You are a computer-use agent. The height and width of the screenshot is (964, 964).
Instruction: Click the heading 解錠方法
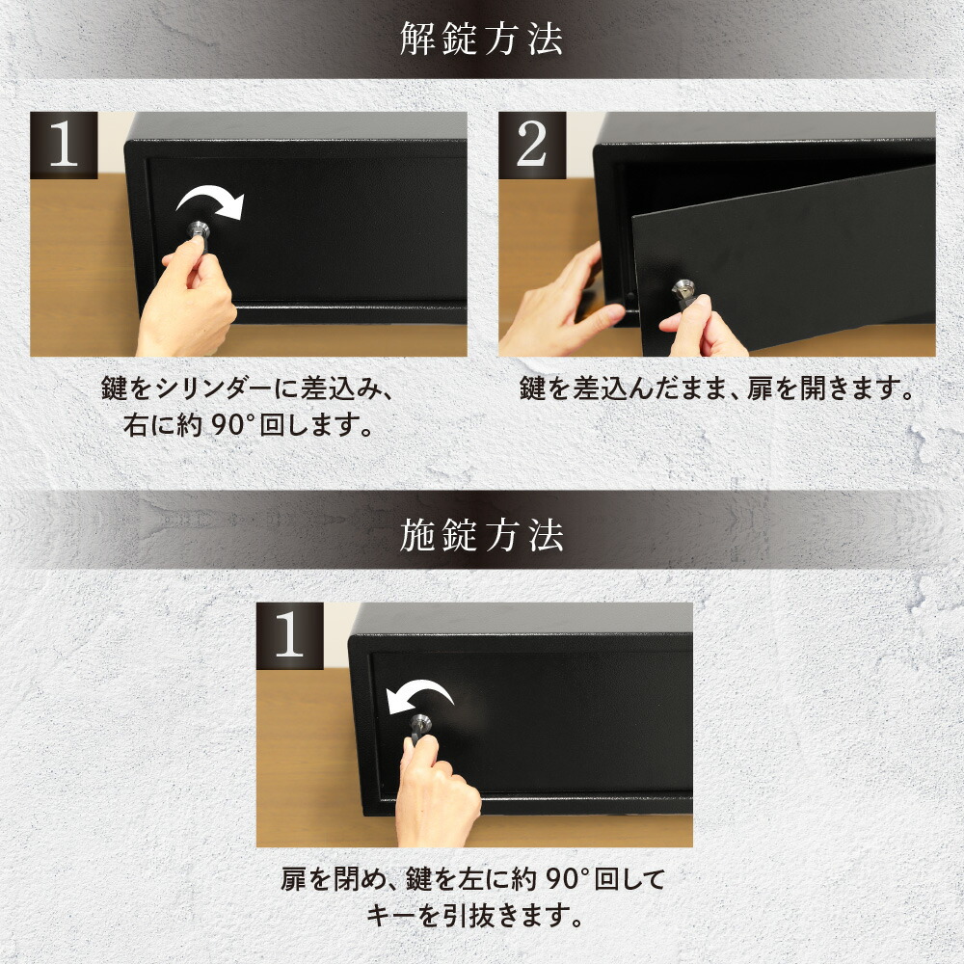pyautogui.click(x=481, y=39)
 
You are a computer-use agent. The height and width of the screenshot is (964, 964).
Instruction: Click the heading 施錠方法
pyautogui.click(x=481, y=535)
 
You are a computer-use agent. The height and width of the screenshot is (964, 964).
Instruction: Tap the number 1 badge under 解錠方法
pyautogui.click(x=64, y=146)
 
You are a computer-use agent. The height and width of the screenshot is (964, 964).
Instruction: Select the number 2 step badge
pyautogui.click(x=532, y=146)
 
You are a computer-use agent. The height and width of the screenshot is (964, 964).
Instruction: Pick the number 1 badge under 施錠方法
pyautogui.click(x=289, y=635)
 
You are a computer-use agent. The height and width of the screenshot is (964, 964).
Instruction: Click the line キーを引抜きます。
pyautogui.click(x=474, y=916)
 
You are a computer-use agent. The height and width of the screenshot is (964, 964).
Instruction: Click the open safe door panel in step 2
pyautogui.click(x=784, y=261)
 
